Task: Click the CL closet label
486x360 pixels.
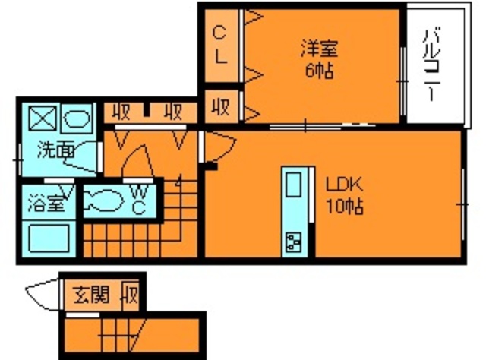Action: [219, 46]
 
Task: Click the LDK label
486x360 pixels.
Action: [346, 185]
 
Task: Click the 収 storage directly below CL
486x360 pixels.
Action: [221, 105]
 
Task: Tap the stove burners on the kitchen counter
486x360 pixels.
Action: [293, 242]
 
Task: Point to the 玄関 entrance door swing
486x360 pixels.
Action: [42, 295]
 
